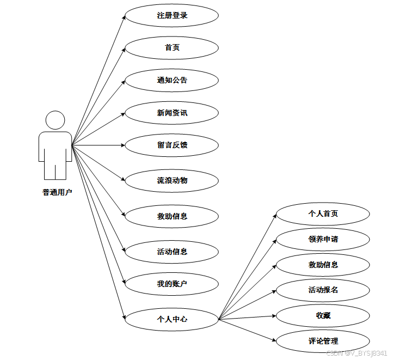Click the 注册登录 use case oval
tap(172, 16)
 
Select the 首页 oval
tap(172, 48)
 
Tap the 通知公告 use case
tap(172, 81)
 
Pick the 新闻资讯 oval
tap(172, 113)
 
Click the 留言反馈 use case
tap(172, 145)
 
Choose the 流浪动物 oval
tap(172, 180)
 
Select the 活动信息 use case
tap(172, 252)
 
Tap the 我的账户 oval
tap(172, 284)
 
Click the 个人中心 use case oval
tap(172, 319)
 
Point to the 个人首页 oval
tap(323, 213)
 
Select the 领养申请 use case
tap(323, 239)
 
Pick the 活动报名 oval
tap(323, 290)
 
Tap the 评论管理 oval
tap(323, 341)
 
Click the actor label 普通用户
tap(57, 192)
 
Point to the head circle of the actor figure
tap(56, 120)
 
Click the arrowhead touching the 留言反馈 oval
tap(122, 145)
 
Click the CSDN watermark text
tap(357, 353)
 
